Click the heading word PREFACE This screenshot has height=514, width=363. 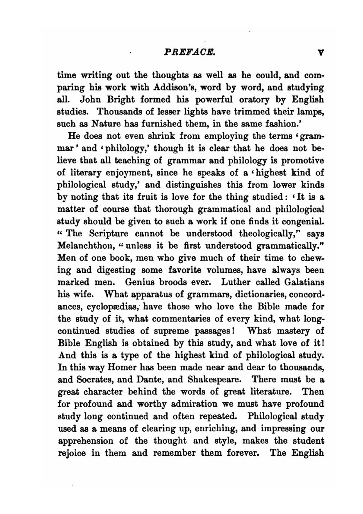pyautogui.click(x=190, y=52)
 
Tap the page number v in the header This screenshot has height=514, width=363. pyautogui.click(x=320, y=53)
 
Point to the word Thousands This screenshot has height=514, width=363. pyautogui.click(x=121, y=112)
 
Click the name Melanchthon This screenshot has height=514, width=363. pyautogui.click(x=86, y=246)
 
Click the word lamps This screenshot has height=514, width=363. pyautogui.click(x=311, y=112)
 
